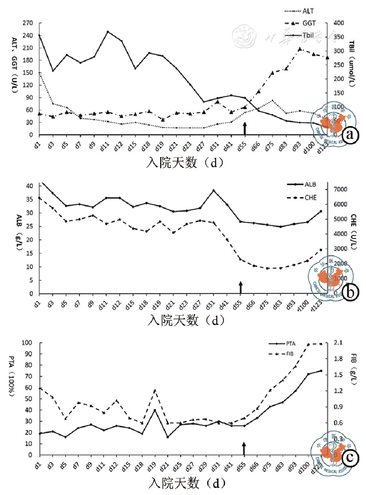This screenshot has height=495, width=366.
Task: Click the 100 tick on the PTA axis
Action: (x=29, y=343)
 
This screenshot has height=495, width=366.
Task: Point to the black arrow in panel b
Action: (x=241, y=287)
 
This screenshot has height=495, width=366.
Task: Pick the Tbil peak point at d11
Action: (x=108, y=32)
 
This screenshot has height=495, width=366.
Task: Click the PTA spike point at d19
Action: (x=155, y=410)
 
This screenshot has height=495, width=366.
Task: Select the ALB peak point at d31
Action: (x=213, y=190)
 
